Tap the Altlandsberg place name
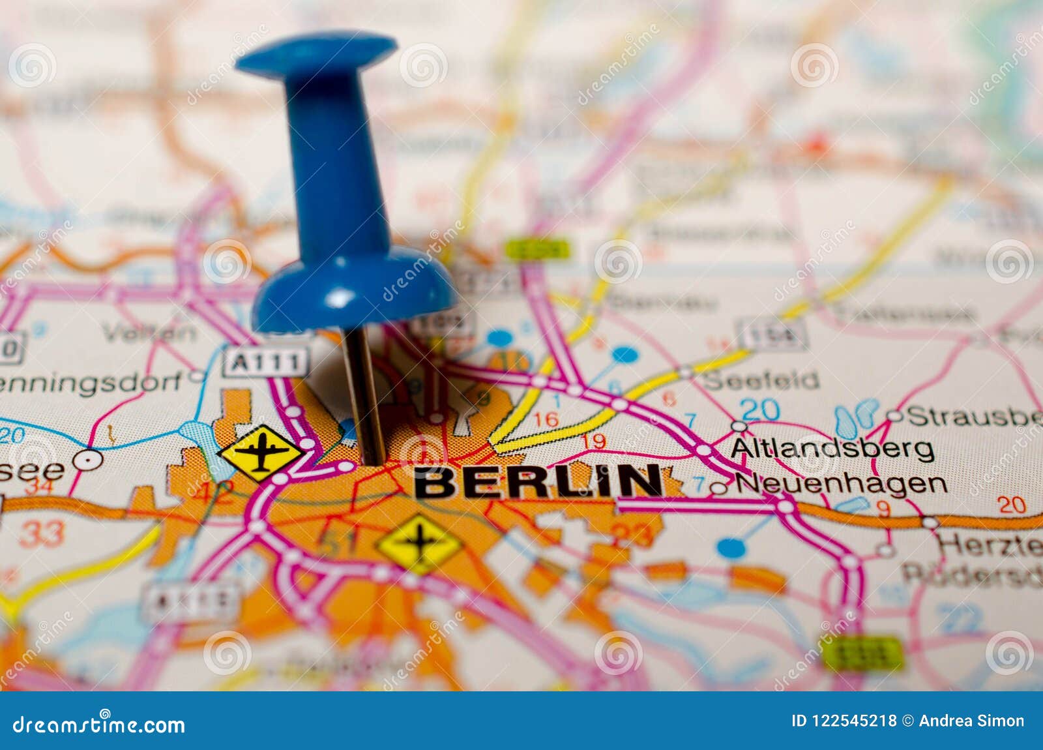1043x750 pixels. pyautogui.click(x=832, y=449)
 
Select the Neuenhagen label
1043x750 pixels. pyautogui.click(x=841, y=484)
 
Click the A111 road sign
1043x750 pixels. pyautogui.click(x=266, y=362)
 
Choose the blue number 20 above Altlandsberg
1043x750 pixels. pyautogui.click(x=759, y=410)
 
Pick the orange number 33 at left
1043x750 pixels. pyautogui.click(x=42, y=534)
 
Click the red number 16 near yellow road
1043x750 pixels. pyautogui.click(x=546, y=419)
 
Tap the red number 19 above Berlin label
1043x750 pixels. pyautogui.click(x=593, y=442)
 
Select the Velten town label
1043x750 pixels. pyautogui.click(x=149, y=333)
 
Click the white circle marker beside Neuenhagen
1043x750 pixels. pyautogui.click(x=718, y=487)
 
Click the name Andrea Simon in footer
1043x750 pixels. pyautogui.click(x=971, y=721)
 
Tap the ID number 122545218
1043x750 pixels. pyautogui.click(x=854, y=721)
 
